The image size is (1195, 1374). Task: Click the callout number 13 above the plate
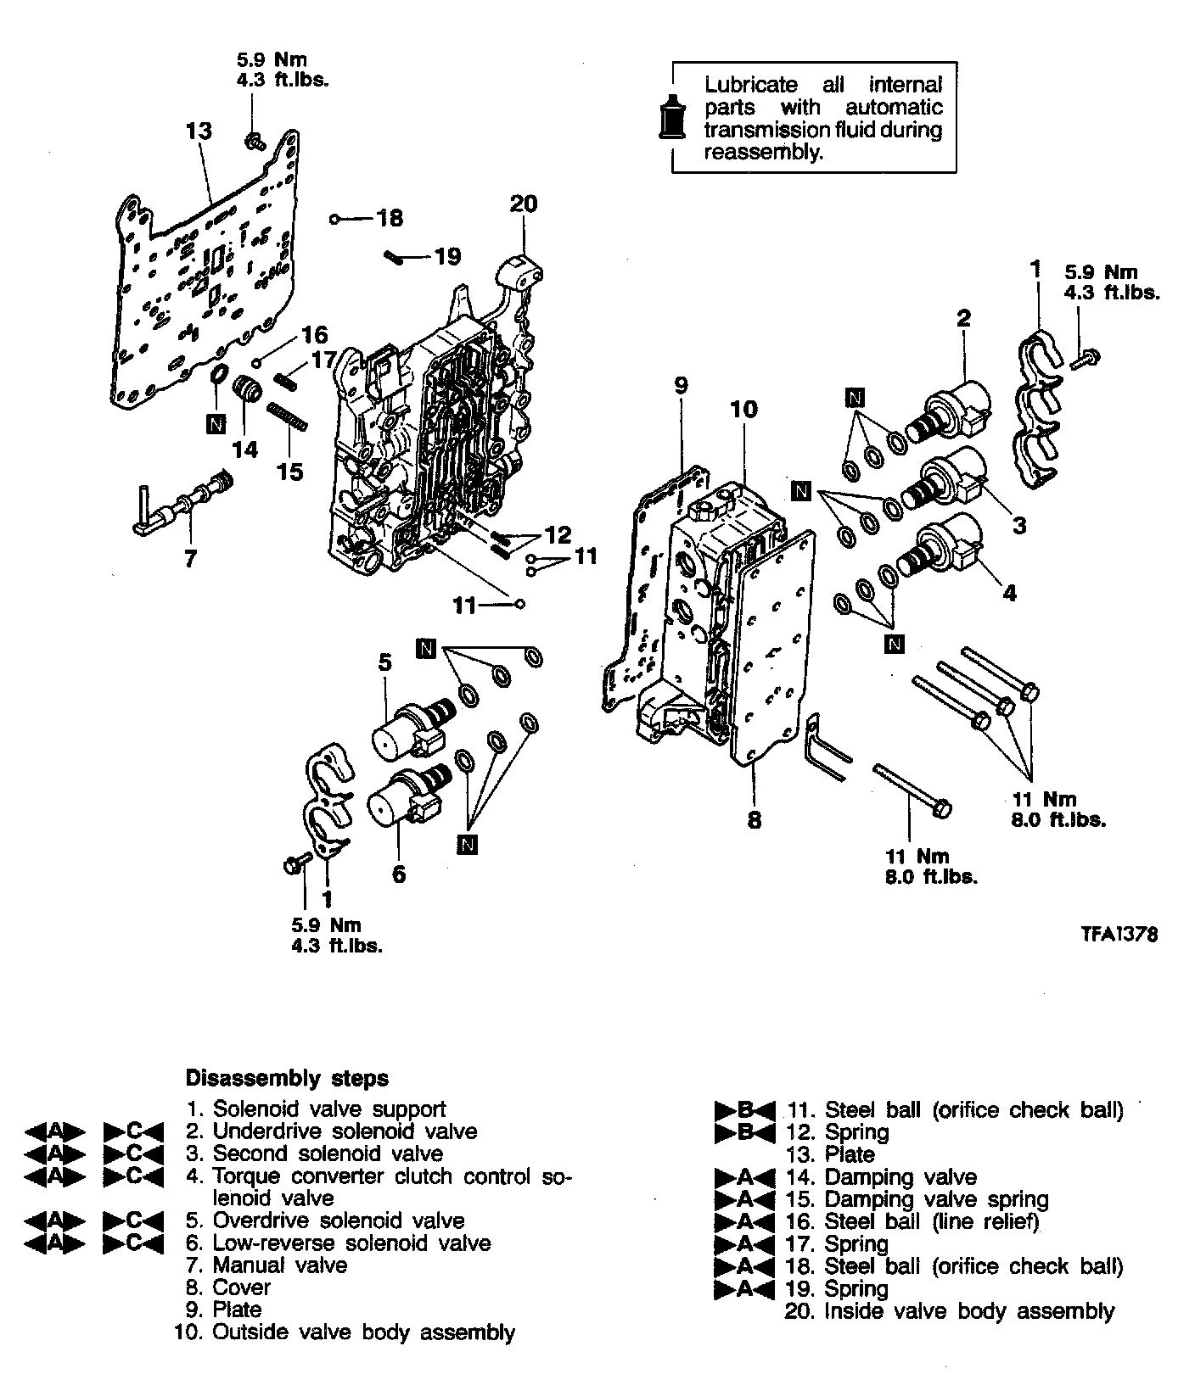199,131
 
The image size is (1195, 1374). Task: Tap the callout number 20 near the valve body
524,204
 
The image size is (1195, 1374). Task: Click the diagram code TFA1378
1119,935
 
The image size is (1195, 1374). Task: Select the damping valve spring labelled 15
286,418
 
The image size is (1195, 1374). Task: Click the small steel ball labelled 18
335,220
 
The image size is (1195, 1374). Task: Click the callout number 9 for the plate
680,385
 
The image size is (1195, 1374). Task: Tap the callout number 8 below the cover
754,820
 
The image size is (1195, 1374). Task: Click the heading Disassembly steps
287,1078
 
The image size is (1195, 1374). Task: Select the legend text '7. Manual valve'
266,1265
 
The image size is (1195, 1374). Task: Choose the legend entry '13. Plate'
837,1154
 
